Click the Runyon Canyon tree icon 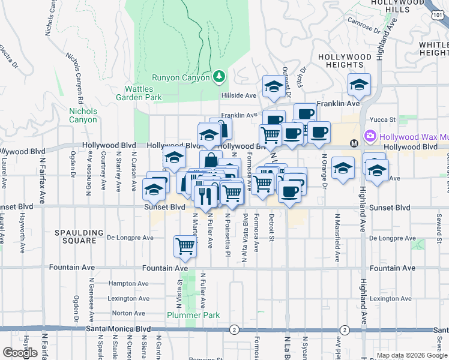220,76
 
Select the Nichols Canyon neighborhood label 83,115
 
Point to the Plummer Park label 193,315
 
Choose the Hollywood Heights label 345,61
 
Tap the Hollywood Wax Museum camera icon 370,136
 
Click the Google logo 20,353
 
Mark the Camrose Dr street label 365,25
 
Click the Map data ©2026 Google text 412,355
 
